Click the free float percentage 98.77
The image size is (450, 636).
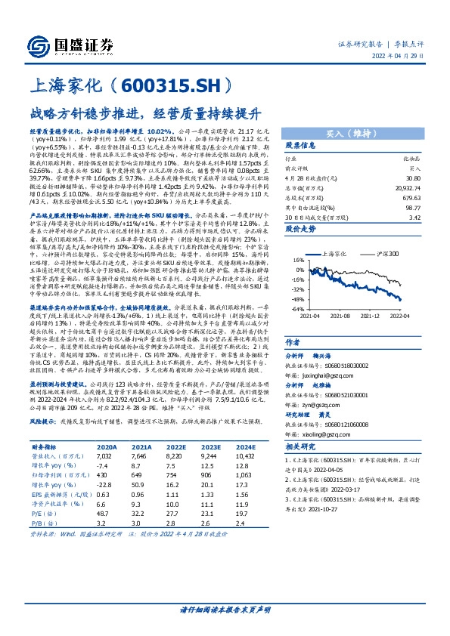pyautogui.click(x=412, y=205)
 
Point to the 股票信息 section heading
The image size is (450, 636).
pyautogui.click(x=301, y=146)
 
